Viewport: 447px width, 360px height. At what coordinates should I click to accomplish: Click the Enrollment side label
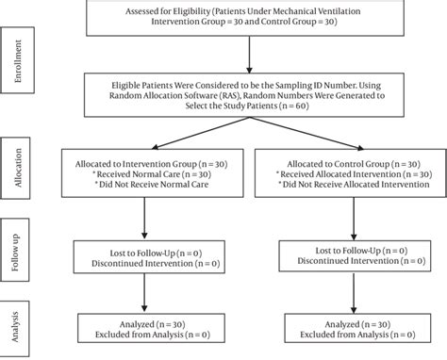[x=18, y=60]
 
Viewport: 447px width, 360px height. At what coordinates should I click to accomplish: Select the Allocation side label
[x=18, y=168]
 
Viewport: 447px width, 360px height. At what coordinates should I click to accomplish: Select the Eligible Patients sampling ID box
[x=250, y=93]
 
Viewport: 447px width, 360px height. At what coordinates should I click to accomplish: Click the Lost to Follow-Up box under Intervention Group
[x=144, y=255]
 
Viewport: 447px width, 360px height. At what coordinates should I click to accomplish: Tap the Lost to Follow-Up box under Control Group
[x=354, y=256]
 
